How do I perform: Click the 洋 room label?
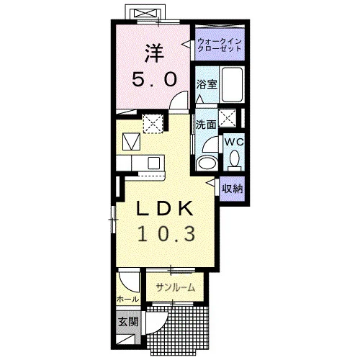coord(154,54)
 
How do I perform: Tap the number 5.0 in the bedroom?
coord(155,80)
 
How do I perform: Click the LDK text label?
coord(165,208)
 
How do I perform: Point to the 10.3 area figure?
coord(166,234)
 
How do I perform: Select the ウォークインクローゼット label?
coord(219,45)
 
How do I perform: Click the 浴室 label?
coord(207,84)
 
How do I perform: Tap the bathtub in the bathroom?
coord(232,85)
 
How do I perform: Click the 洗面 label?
coord(206,125)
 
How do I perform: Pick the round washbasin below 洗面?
coord(207,163)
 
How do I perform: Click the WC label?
coord(234,142)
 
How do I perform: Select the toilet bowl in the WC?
coord(234,159)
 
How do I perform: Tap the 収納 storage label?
coord(232,189)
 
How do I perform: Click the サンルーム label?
coord(175,287)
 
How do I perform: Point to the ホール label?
coord(127,300)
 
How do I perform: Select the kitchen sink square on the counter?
coord(153,163)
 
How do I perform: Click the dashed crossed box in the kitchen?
coord(153,124)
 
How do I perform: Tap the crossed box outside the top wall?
coord(145,14)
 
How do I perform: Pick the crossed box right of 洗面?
coord(227,117)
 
